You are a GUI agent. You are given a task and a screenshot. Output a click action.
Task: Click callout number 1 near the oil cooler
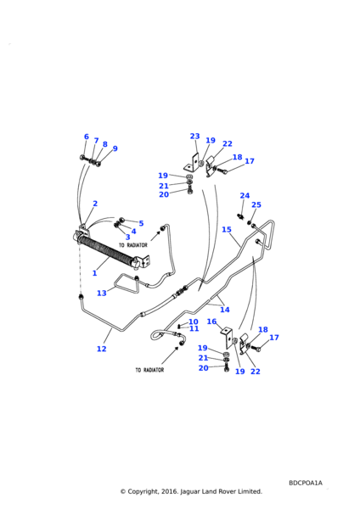coord(94,273)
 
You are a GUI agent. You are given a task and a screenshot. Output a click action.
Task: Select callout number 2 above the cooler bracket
coord(95,204)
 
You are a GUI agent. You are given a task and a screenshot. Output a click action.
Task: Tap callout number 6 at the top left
coord(87,137)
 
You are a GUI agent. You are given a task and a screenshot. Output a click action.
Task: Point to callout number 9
coord(115,148)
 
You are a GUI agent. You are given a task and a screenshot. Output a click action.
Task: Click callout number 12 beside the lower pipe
coord(102,349)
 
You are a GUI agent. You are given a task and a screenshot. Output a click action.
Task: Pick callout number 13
coord(102,294)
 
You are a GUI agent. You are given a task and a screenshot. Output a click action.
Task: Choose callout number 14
coord(225,310)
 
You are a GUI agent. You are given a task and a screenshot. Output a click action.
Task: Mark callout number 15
coord(227,230)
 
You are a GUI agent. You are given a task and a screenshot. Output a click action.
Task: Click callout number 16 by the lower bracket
coord(211,322)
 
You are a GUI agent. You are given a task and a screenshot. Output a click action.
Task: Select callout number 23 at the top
coord(195,136)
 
